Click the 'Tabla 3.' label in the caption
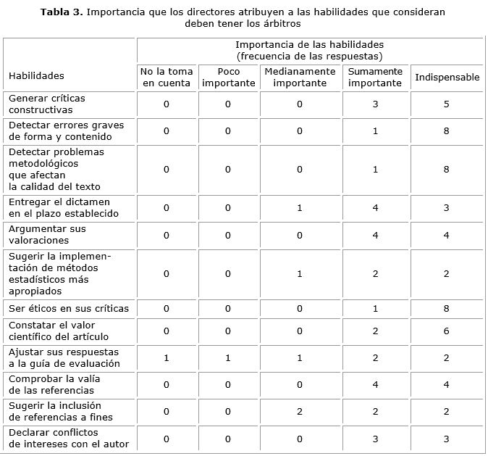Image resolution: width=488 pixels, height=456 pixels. click(x=62, y=12)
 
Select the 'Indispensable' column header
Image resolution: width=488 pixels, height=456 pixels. click(x=447, y=78)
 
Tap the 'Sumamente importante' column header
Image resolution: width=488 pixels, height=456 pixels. click(x=374, y=77)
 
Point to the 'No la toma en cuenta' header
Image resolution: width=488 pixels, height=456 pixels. click(x=167, y=77)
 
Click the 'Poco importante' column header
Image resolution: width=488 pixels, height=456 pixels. click(x=228, y=77)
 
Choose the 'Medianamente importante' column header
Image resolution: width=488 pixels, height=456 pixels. click(x=300, y=77)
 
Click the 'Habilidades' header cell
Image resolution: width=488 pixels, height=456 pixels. click(x=36, y=75)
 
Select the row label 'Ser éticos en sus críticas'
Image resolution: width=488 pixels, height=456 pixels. click(x=68, y=308)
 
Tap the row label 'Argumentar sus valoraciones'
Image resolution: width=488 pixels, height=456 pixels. click(x=47, y=234)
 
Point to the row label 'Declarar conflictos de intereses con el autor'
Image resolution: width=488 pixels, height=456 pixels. click(x=68, y=438)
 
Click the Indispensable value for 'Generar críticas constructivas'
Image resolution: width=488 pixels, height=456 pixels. click(x=447, y=104)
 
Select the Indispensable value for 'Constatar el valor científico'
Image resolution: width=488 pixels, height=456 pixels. click(x=447, y=331)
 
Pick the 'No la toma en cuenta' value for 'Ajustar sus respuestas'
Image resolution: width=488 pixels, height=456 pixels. click(x=166, y=357)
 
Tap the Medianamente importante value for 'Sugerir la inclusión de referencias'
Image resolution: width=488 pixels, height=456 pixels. click(x=300, y=411)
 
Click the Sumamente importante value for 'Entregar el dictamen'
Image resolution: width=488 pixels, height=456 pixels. click(x=375, y=208)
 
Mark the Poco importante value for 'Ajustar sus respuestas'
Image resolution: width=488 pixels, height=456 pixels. click(x=228, y=357)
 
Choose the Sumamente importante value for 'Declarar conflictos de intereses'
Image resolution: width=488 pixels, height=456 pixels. click(x=375, y=439)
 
